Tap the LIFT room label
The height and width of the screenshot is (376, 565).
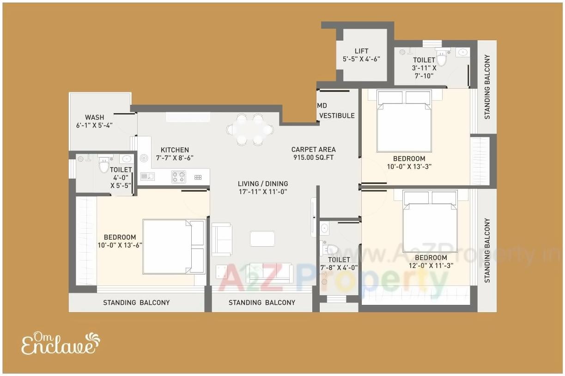(x=361, y=51)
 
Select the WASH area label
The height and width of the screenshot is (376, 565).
(x=94, y=117)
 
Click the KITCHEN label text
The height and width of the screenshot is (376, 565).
(x=175, y=150)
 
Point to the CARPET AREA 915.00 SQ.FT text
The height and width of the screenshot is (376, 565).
(x=313, y=153)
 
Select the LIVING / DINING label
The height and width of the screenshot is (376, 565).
(x=263, y=183)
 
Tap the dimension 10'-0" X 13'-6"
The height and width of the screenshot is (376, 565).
(x=120, y=245)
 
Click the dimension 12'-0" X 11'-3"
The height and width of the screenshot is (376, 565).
(x=431, y=266)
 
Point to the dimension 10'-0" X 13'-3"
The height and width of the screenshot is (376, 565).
(x=409, y=167)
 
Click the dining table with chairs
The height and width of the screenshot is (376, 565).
(x=250, y=129)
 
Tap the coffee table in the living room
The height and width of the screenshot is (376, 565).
(x=262, y=238)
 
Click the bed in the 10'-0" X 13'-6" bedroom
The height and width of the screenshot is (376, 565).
(x=173, y=247)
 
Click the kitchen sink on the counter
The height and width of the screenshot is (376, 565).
(x=148, y=176)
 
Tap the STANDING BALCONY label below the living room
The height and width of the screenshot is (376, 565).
(x=262, y=303)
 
